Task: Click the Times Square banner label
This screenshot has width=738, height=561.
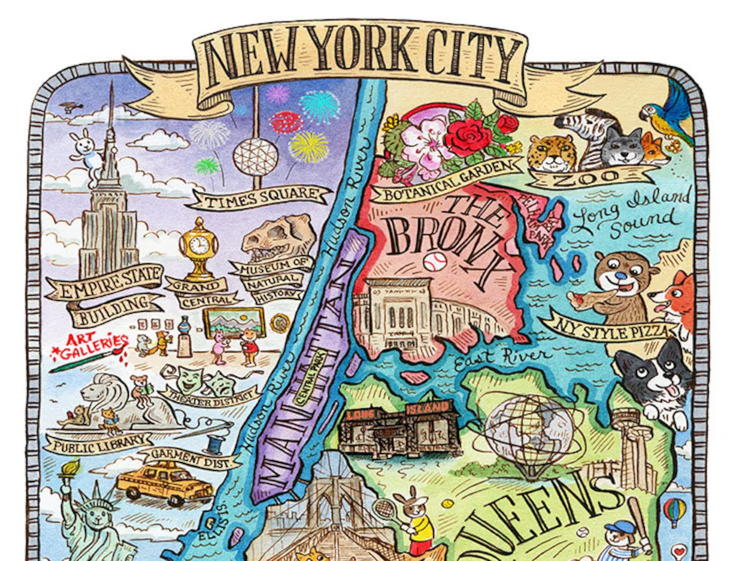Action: (260, 198)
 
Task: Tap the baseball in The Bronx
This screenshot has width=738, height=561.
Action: (435, 262)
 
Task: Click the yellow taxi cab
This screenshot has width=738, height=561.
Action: (165, 483)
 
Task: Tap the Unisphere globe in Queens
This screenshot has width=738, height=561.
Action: (530, 432)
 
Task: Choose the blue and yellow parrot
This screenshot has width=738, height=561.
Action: (667, 112)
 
